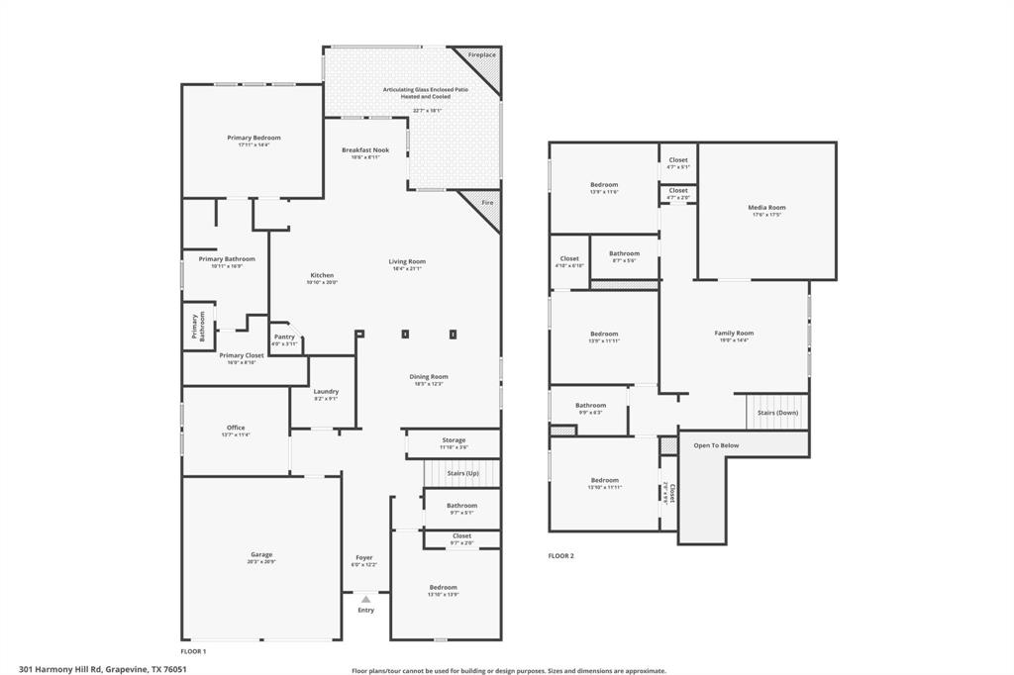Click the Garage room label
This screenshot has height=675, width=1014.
tap(261, 554)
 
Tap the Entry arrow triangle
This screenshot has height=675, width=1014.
tap(365, 599)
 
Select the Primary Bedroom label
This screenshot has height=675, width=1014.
tap(253, 138)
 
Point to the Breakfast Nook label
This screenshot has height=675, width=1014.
tap(365, 149)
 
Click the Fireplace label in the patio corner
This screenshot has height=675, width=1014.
tap(482, 54)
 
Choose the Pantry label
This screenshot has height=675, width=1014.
tap(284, 337)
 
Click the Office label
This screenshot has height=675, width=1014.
tap(236, 428)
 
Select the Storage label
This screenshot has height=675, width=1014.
tap(454, 439)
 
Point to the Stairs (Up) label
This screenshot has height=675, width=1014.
tap(462, 473)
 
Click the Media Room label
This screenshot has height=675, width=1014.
tap(766, 207)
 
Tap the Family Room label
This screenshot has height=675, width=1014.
tap(734, 333)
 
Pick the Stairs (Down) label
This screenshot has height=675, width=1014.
tap(777, 412)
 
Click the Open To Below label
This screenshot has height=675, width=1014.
tap(716, 445)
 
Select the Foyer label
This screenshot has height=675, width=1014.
tap(364, 557)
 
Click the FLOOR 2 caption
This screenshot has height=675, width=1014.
tap(561, 556)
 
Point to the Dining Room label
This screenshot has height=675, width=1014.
tap(429, 376)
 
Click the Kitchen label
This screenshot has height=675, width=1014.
tap(322, 275)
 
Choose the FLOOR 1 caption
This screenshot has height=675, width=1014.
tap(193, 652)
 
